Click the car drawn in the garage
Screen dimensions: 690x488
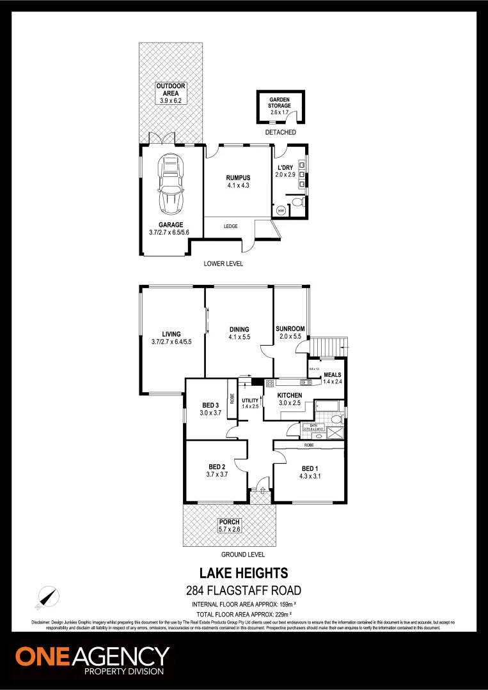(171, 184)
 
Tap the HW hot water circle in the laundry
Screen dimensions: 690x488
(280, 210)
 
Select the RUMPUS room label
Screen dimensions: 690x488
(237, 178)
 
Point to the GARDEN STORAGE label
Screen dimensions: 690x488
(280, 103)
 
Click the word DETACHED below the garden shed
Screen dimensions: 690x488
(280, 132)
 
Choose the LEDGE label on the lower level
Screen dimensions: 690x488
(231, 226)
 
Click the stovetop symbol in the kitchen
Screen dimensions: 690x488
(270, 383)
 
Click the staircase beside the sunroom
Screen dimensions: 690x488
(327, 346)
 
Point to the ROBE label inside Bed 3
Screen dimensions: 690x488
(232, 397)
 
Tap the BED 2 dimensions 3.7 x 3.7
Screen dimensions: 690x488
(217, 475)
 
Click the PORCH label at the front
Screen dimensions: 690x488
(229, 523)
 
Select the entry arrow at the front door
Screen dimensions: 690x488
(260, 491)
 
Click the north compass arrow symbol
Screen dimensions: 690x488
(46, 597)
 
